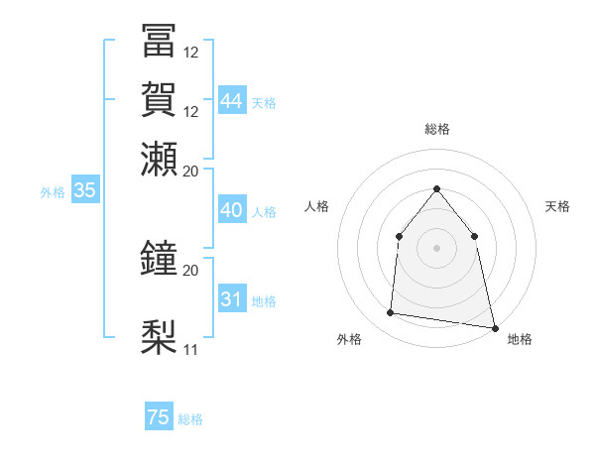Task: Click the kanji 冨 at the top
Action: [x=159, y=41]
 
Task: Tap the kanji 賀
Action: [x=159, y=99]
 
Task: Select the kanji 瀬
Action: [x=159, y=159]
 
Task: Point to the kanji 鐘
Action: [x=159, y=258]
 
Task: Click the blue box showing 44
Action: [x=232, y=101]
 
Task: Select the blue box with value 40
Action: [x=232, y=210]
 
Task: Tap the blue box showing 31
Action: [x=232, y=299]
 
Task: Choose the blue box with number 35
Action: [x=85, y=191]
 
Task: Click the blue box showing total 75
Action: [x=159, y=417]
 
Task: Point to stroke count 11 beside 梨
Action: [x=191, y=349]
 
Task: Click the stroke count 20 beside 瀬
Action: [x=191, y=171]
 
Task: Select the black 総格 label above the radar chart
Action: [x=436, y=129]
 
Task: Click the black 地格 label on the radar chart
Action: [x=520, y=339]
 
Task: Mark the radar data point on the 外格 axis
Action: [x=391, y=313]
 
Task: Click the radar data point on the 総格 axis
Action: [x=436, y=188]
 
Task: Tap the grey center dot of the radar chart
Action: [x=436, y=247]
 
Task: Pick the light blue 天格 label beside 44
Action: [x=265, y=102]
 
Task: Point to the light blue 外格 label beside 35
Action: [x=53, y=192]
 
